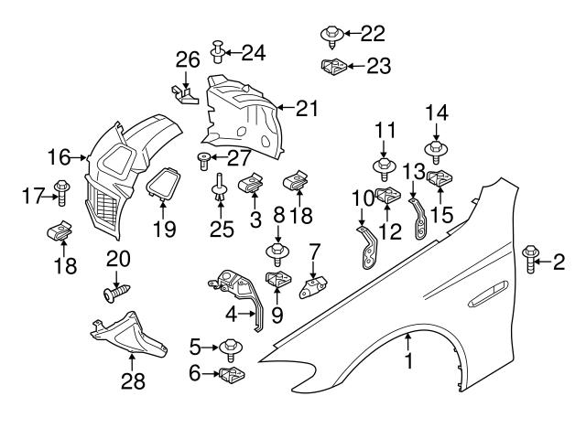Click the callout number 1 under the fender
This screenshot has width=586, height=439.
409,361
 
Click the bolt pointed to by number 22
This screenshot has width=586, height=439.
331,36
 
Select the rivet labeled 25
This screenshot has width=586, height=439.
221,193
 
